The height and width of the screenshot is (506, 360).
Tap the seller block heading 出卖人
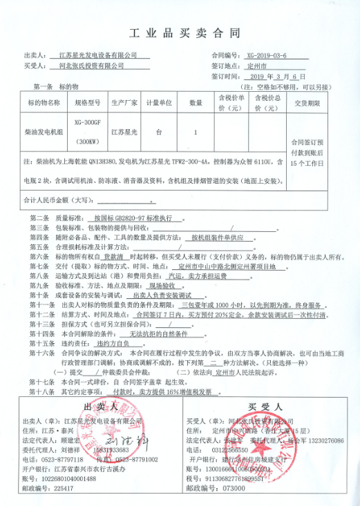click(x=96, y=405)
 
